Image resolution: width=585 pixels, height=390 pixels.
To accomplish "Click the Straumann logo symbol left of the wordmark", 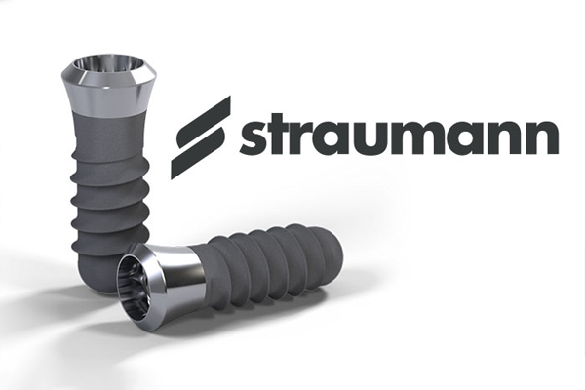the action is click(201, 137).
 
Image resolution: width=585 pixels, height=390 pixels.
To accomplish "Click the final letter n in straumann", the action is click(542, 137).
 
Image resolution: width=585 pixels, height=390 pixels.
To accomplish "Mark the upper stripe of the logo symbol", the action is click(205, 123).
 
